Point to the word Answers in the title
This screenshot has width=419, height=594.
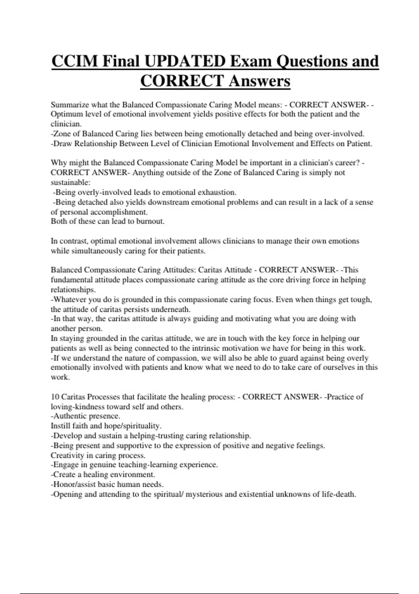pyautogui.click(x=259, y=81)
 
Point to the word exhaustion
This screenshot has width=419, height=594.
pyautogui.click(x=217, y=192)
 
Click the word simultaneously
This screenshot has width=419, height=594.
pyautogui.click(x=97, y=251)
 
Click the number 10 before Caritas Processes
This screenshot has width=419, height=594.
pyautogui.click(x=55, y=397)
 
